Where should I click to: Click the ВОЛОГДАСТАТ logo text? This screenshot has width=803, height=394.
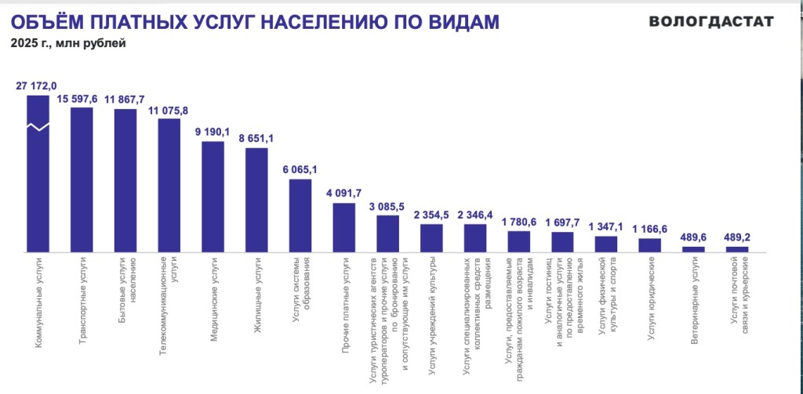point(711,21)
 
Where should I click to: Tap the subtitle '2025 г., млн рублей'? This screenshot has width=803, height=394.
point(68,43)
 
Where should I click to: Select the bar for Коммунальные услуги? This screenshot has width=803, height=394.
point(38,173)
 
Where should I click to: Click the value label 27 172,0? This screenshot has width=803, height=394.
point(37,85)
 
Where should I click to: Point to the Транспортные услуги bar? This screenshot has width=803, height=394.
point(82,179)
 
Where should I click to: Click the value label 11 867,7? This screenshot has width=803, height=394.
point(125,99)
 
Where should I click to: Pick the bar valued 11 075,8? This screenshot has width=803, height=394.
point(169,185)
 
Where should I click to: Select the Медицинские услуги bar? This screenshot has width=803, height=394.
point(213,197)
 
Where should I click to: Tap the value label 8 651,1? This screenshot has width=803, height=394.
point(257,138)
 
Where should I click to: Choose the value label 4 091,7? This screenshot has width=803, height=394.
point(344,193)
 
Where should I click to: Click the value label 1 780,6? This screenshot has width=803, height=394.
point(519,222)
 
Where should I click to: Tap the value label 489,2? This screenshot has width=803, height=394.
point(737,237)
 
